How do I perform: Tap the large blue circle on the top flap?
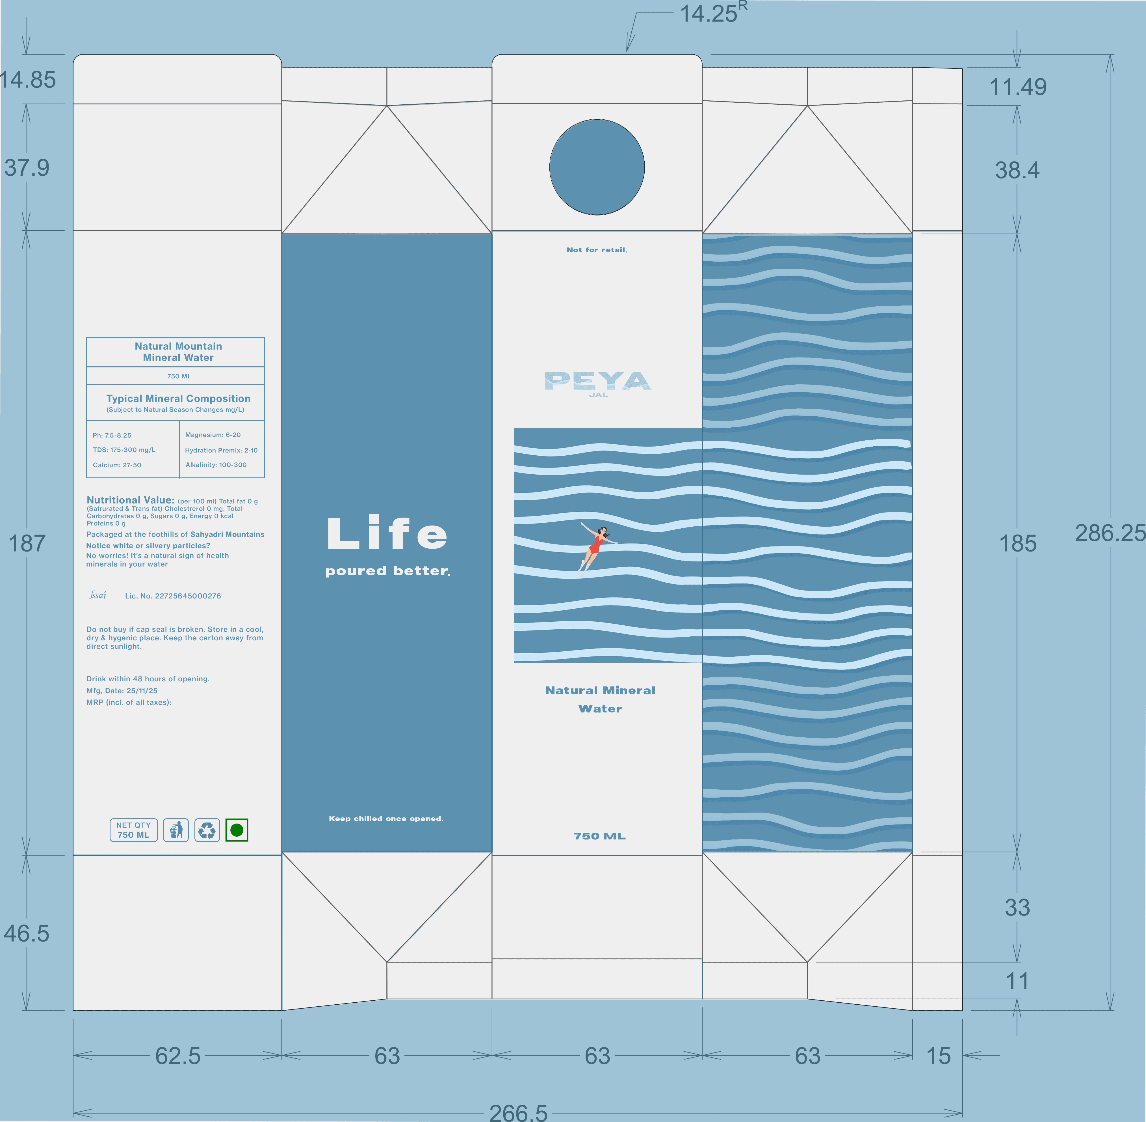[x=597, y=167]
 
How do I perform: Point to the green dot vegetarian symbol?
[x=237, y=830]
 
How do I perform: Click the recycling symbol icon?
[x=207, y=830]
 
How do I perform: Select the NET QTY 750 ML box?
[x=134, y=830]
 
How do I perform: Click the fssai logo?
[x=98, y=595]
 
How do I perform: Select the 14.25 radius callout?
[x=712, y=13]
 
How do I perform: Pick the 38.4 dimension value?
[x=1017, y=170]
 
